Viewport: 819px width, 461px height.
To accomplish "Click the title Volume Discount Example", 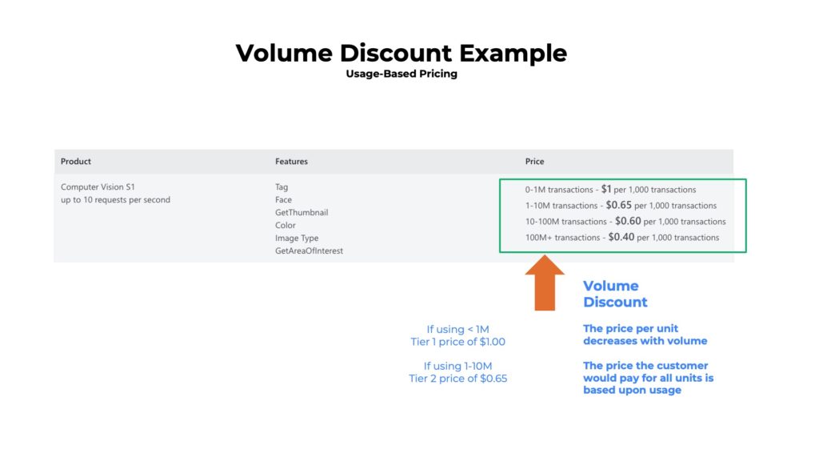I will click(x=401, y=54).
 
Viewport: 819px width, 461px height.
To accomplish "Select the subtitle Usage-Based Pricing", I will click(x=401, y=74).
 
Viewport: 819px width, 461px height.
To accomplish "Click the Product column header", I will click(x=76, y=161).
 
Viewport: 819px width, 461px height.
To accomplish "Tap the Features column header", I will click(x=291, y=161).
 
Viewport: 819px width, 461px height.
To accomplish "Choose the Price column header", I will click(x=534, y=161).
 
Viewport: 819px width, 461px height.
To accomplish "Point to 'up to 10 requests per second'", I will click(x=115, y=199).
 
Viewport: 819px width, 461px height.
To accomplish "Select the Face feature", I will click(x=283, y=199).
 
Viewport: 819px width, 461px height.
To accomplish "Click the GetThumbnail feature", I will click(x=302, y=212).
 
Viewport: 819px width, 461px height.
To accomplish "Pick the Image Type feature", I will click(x=297, y=238).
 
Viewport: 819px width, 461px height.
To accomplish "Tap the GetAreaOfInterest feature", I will click(x=308, y=251).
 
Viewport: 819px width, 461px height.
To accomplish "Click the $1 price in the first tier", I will click(x=606, y=190).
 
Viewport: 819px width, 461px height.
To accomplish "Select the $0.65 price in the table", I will click(x=618, y=205).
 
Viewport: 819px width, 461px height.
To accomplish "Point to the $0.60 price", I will click(x=628, y=221).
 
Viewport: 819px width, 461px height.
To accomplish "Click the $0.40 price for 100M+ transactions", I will click(x=621, y=237).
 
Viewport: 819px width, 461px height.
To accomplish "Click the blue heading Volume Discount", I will click(x=614, y=294).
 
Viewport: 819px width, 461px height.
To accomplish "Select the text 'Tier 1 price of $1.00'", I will click(x=457, y=342).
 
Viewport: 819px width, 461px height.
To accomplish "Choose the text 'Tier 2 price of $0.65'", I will click(x=457, y=379).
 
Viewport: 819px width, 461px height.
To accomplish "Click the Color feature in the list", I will click(x=286, y=225).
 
